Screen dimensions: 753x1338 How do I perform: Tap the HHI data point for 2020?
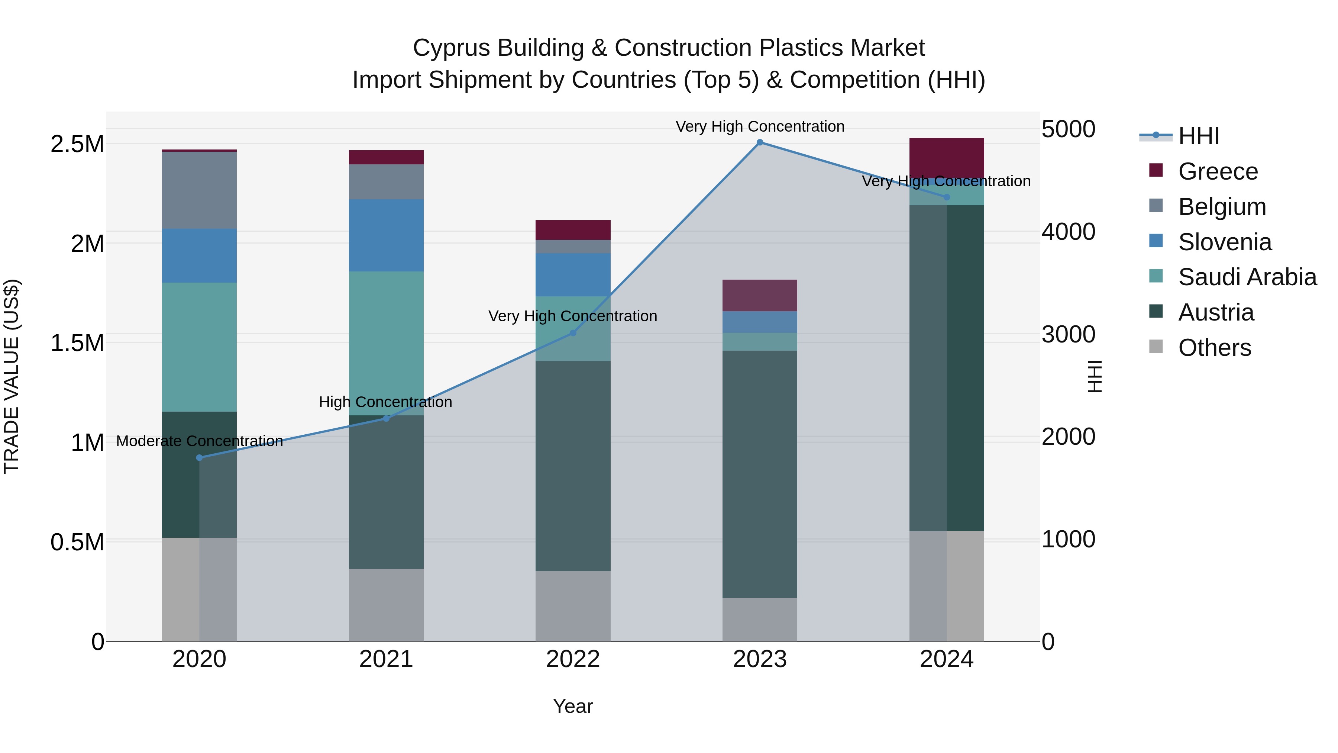pyautogui.click(x=200, y=458)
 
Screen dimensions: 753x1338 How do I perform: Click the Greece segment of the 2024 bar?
pyautogui.click(x=946, y=157)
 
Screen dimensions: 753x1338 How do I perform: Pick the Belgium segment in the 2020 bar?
pyautogui.click(x=200, y=190)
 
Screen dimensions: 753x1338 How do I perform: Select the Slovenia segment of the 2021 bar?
pyautogui.click(x=386, y=235)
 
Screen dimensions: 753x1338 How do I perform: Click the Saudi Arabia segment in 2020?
pyautogui.click(x=200, y=347)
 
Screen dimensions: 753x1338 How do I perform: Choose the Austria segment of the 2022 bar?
pyautogui.click(x=573, y=466)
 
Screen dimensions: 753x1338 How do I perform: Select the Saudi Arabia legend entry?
pyautogui.click(x=1247, y=277)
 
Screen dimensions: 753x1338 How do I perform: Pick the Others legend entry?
pyautogui.click(x=1214, y=348)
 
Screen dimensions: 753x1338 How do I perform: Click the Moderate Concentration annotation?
pyautogui.click(x=200, y=441)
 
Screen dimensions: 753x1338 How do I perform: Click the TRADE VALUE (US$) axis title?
pyautogui.click(x=12, y=376)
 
